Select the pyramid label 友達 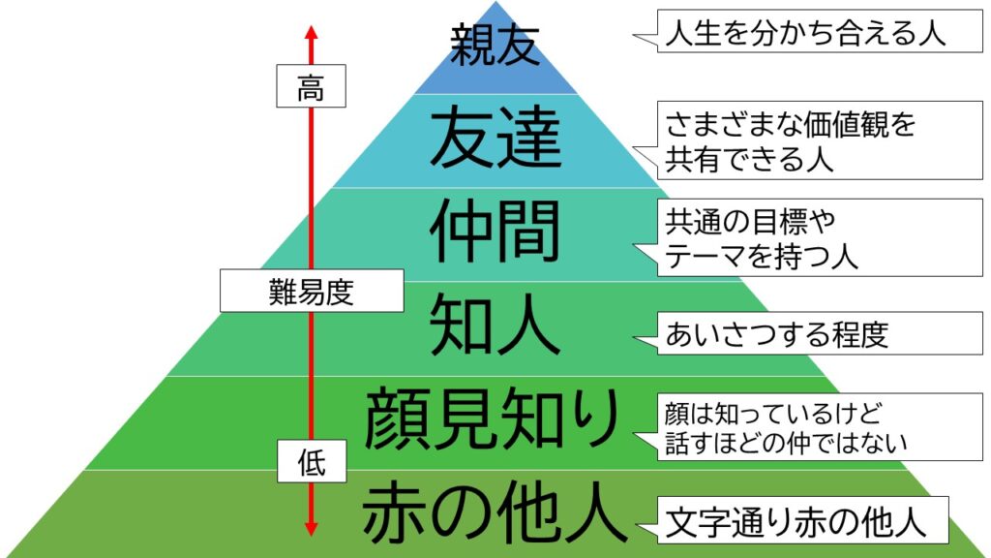click(x=495, y=139)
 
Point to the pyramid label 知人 click(x=495, y=325)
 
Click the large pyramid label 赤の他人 click(x=494, y=515)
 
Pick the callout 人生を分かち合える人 click(x=805, y=35)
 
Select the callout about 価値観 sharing click(x=805, y=140)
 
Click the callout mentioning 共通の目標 click(x=805, y=238)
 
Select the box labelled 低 click(x=311, y=464)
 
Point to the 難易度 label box click(x=311, y=291)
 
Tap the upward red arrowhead click(x=311, y=31)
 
